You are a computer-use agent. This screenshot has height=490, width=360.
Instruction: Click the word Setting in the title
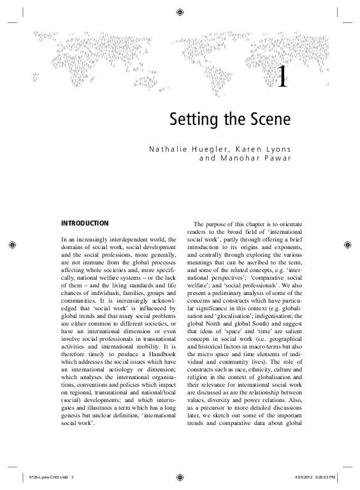point(191,119)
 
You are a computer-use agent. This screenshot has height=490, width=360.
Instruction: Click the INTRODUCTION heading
point(85,224)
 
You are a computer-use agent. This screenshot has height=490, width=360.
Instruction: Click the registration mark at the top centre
point(180,11)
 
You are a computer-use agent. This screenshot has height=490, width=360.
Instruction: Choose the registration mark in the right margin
point(348,245)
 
